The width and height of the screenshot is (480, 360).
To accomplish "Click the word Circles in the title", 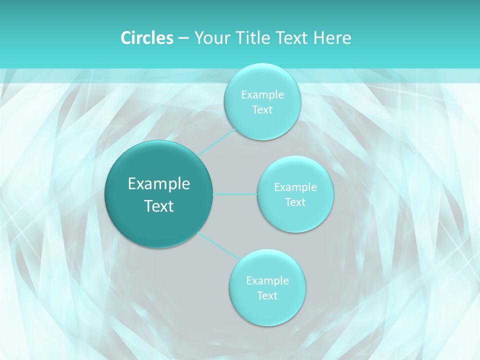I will point(146,38).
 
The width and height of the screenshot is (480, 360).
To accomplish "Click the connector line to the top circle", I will point(217,141).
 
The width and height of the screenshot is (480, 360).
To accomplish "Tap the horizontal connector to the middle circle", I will point(235,194).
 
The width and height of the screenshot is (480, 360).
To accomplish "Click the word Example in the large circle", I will point(159,184).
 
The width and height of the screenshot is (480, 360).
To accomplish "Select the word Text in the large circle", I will point(159,206).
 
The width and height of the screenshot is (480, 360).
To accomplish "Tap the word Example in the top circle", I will point(262,94).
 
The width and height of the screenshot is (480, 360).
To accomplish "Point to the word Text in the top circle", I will point(262,109).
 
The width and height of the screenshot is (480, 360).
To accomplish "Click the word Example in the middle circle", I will point(295,187).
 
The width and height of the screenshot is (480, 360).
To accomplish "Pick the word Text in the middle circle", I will point(295,202).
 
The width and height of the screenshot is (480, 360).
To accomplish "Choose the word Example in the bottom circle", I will point(267,280).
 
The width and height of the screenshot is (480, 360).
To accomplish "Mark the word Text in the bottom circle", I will point(267,295).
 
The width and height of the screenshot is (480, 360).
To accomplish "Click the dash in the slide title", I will point(183,38).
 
